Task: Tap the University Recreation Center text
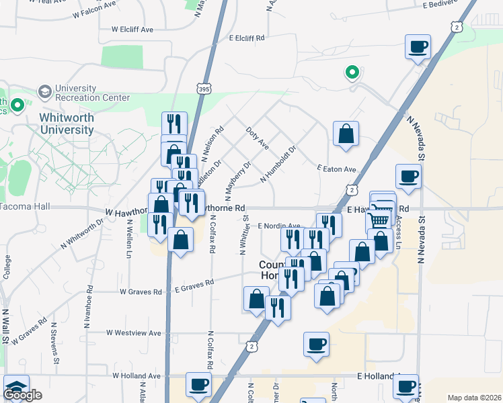pyautogui.click(x=92, y=93)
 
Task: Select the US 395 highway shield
pyautogui.click(x=205, y=88)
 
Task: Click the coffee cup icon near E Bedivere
pyautogui.click(x=418, y=47)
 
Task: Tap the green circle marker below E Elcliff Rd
pyautogui.click(x=350, y=72)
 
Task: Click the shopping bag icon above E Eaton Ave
pyautogui.click(x=346, y=133)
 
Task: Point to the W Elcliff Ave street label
pyautogui.click(x=132, y=30)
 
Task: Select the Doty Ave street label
pyautogui.click(x=258, y=138)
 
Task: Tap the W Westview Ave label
pyautogui.click(x=134, y=332)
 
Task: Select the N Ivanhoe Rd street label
pyautogui.click(x=87, y=306)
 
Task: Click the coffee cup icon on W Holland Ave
pyautogui.click(x=198, y=384)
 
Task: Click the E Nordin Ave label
pyautogui.click(x=280, y=226)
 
